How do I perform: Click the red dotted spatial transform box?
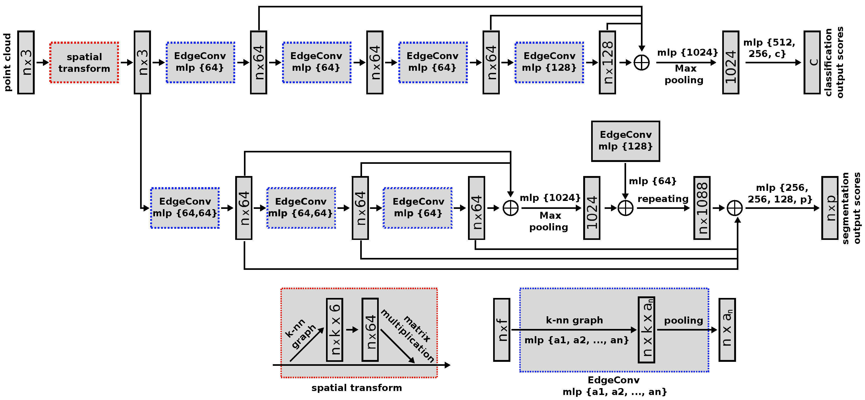click(x=84, y=63)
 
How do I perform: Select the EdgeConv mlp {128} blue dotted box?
click(x=549, y=63)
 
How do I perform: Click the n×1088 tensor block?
click(x=702, y=208)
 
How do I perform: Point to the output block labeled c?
click(x=812, y=63)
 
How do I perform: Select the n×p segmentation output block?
click(x=830, y=208)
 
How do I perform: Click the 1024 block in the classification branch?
click(x=730, y=63)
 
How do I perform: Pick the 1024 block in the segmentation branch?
click(x=591, y=208)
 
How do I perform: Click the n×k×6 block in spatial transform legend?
click(x=335, y=330)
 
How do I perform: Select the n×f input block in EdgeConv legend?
click(x=501, y=330)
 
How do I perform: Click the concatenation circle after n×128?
click(x=641, y=63)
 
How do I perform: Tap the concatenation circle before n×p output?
click(x=734, y=208)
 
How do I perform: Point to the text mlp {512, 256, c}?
click(x=769, y=48)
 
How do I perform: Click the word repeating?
click(x=663, y=199)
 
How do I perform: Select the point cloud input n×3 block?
click(x=26, y=63)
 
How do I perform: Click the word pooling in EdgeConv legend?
click(x=683, y=320)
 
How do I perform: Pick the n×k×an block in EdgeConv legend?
click(x=646, y=330)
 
